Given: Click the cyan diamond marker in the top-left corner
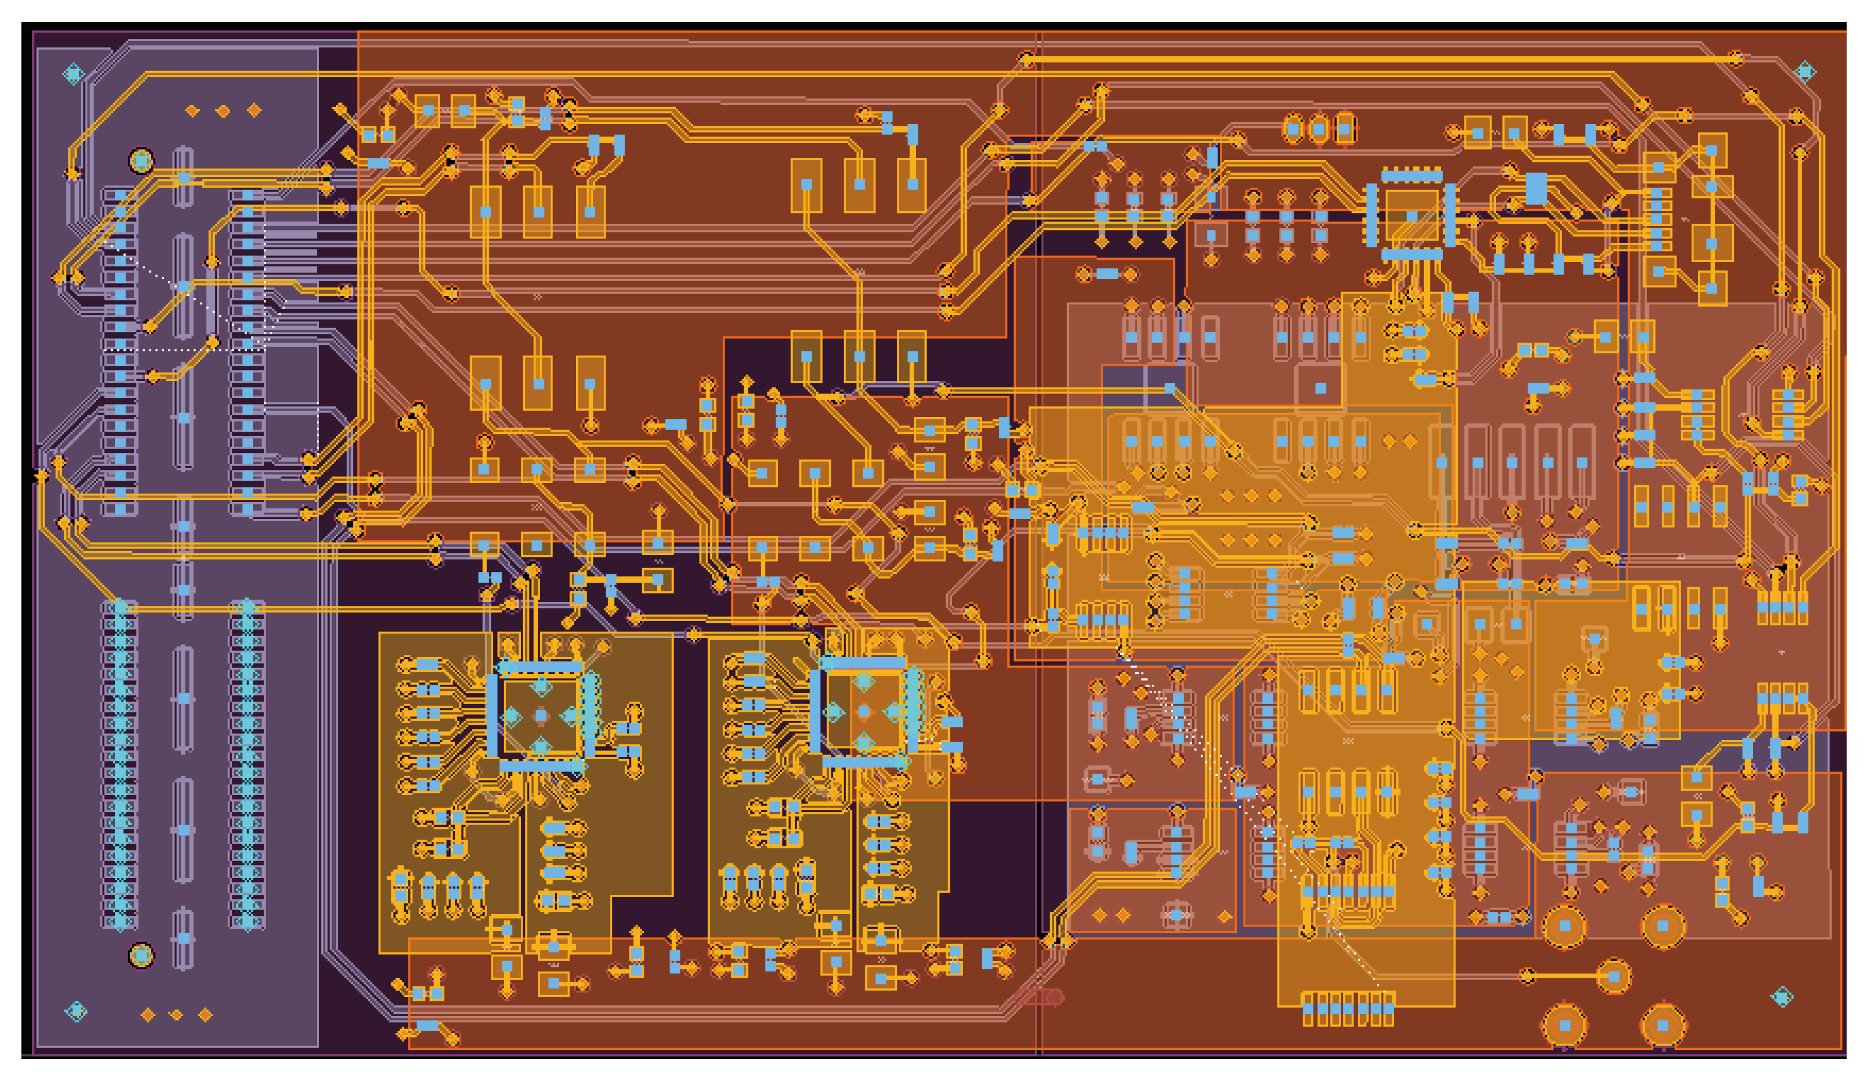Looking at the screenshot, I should (73, 74).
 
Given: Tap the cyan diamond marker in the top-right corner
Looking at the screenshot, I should (1805, 72).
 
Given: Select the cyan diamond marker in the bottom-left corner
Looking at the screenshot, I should (76, 1011).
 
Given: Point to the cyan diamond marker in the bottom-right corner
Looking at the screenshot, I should (1782, 997).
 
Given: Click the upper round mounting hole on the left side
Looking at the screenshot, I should (141, 161).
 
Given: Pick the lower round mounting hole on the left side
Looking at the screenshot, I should (141, 955).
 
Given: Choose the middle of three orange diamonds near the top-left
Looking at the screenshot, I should (222, 111).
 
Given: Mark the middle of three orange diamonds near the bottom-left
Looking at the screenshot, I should (176, 1014).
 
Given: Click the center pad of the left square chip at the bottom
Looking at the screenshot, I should (541, 715).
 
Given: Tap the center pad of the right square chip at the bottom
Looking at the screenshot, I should (864, 712).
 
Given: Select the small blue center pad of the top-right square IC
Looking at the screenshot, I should (1412, 217).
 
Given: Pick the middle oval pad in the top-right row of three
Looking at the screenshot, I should (1319, 130).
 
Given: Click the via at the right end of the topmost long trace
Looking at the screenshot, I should (1736, 59).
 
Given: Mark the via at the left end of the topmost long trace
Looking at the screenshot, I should (1026, 59).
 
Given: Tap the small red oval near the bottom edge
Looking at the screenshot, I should (1055, 997).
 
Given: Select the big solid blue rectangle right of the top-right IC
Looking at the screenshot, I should (1536, 189).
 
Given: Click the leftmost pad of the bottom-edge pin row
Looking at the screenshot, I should (1308, 1009).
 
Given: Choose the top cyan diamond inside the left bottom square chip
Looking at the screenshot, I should (542, 686).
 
